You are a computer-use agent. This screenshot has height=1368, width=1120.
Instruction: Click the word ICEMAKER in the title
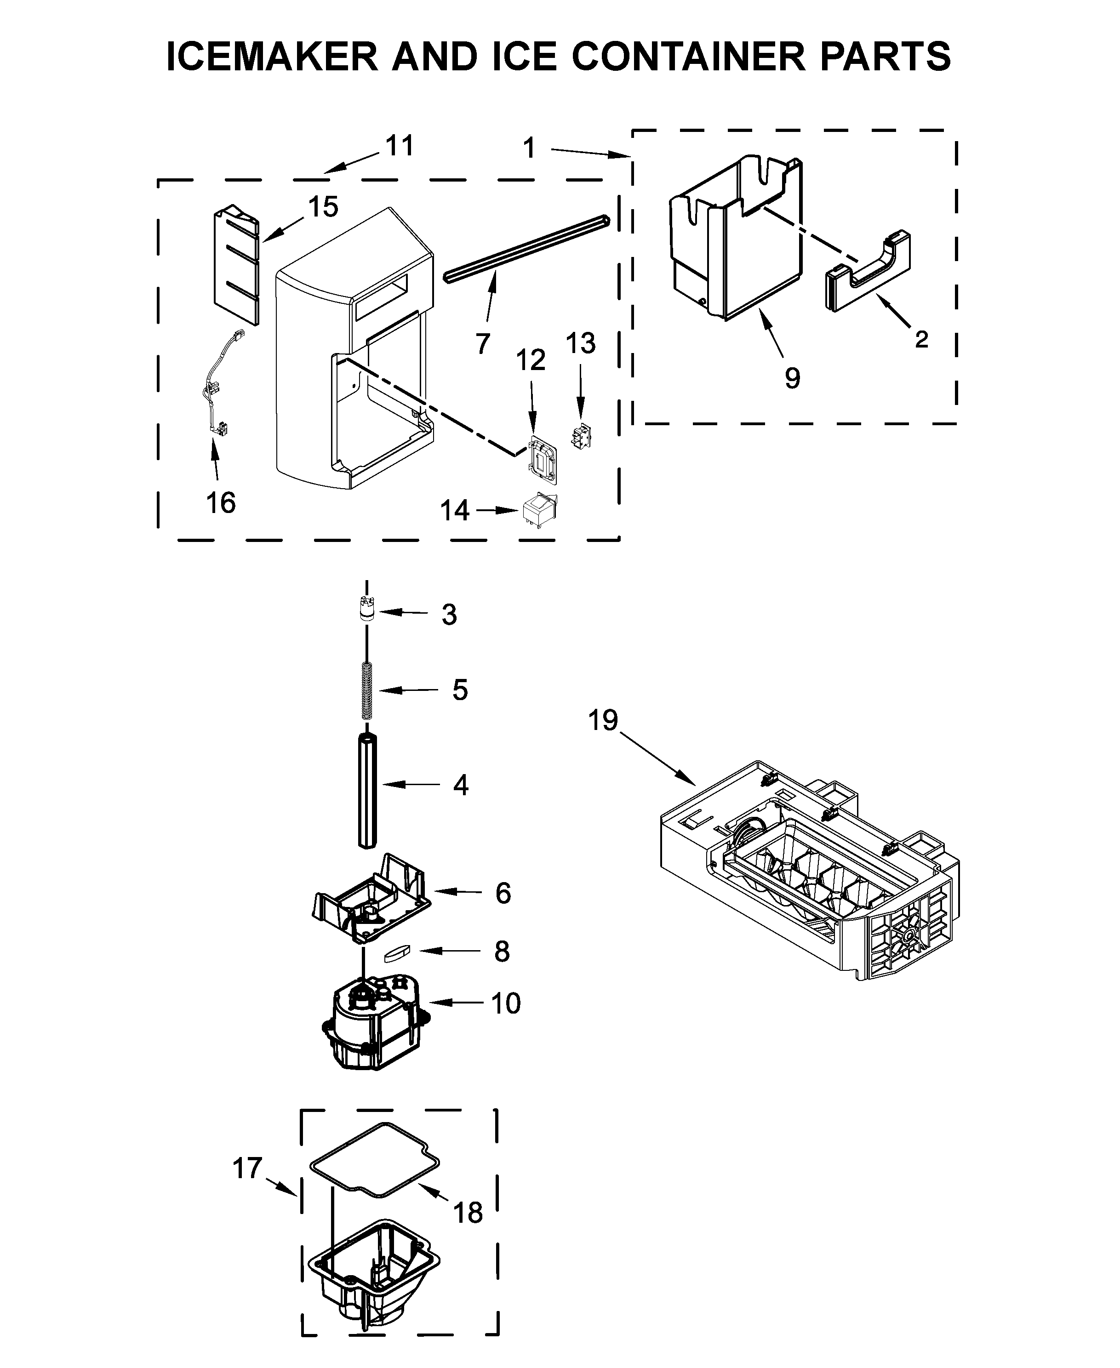tap(272, 56)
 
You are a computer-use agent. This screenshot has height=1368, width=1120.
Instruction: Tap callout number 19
tap(603, 720)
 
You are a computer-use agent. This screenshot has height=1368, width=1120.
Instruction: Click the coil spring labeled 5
tap(367, 690)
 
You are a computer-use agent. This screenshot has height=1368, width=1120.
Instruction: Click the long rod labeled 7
tap(526, 248)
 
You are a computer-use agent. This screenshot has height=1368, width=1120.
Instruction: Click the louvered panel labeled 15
tap(236, 264)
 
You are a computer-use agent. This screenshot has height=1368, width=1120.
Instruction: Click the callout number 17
tap(248, 1168)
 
